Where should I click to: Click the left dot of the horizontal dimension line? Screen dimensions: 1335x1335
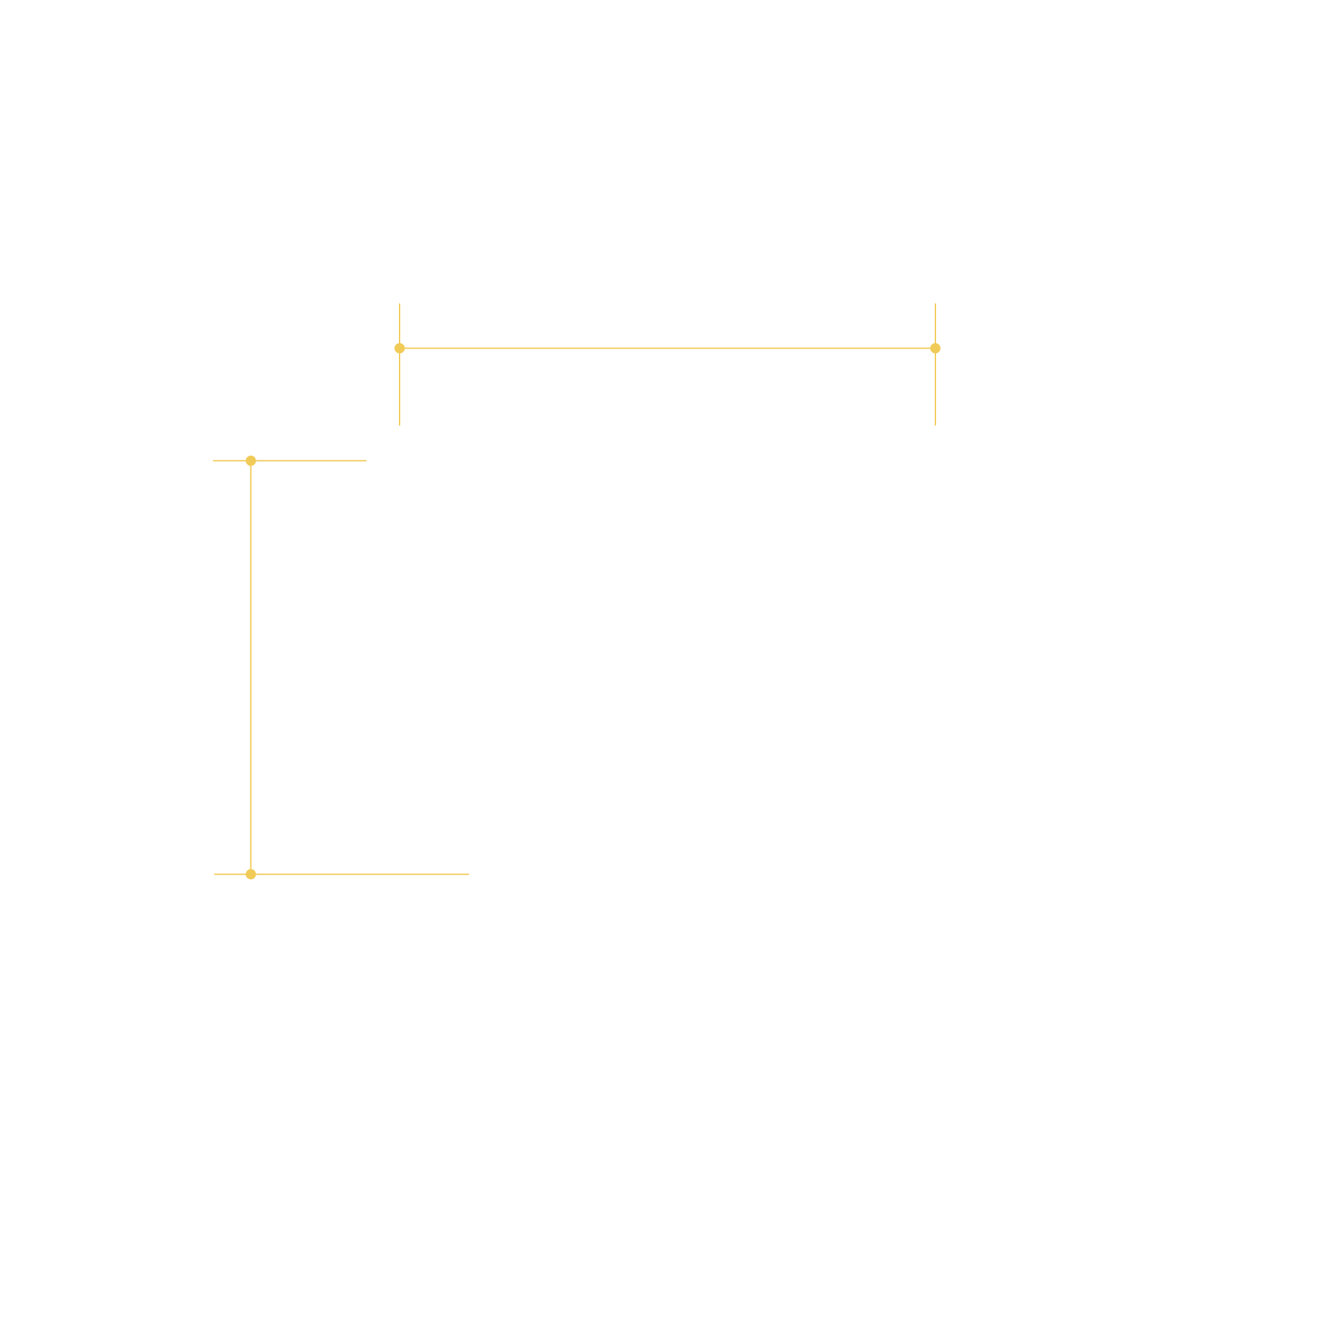(x=400, y=348)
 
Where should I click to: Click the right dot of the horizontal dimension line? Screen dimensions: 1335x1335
(x=935, y=348)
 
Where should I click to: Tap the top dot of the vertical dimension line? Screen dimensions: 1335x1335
(x=251, y=461)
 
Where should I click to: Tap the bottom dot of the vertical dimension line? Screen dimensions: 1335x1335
(x=251, y=874)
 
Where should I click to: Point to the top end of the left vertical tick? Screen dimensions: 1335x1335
(x=400, y=304)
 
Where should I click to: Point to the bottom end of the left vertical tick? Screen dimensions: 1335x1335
(x=400, y=425)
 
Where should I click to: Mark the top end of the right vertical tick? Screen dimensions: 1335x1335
(x=935, y=304)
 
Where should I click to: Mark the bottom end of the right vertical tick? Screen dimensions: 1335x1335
(x=935, y=425)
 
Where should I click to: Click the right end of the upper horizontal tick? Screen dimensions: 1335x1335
(x=366, y=460)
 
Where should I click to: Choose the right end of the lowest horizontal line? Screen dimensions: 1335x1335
(x=469, y=874)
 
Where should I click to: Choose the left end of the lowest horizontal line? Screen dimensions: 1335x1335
(x=214, y=874)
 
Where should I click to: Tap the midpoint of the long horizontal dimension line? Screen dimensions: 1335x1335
(x=667, y=348)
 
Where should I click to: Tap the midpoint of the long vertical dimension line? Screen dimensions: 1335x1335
(x=251, y=667)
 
